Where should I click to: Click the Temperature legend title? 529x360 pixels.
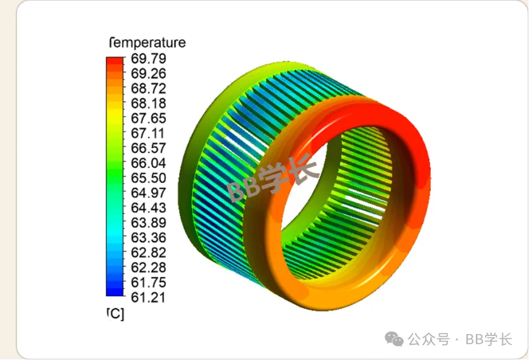click(x=147, y=43)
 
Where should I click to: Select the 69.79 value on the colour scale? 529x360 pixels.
click(x=149, y=59)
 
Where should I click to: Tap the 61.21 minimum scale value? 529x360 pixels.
click(x=149, y=297)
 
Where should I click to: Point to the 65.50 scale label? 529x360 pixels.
click(x=149, y=178)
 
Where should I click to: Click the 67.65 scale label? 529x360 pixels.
click(x=149, y=118)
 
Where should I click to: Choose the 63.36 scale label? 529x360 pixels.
click(x=149, y=238)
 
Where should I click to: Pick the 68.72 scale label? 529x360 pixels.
click(x=149, y=89)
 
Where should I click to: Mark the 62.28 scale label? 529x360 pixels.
click(x=149, y=268)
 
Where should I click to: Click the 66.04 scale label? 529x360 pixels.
click(x=149, y=163)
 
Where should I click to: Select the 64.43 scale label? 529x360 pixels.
click(x=149, y=208)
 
